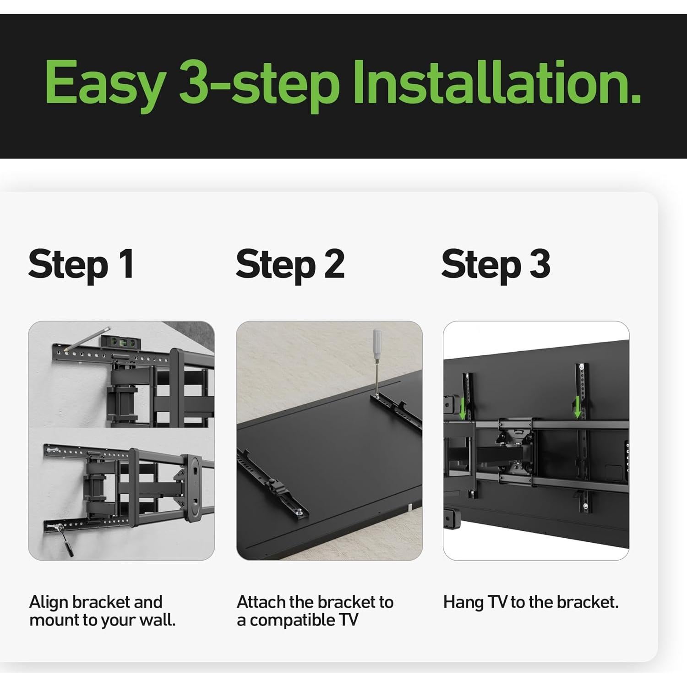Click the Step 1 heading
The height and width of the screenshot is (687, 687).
pyautogui.click(x=81, y=264)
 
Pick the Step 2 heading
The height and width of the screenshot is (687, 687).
pyautogui.click(x=290, y=264)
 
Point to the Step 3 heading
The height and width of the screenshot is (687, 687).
pyautogui.click(x=496, y=264)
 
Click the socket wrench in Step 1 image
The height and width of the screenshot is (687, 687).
pyautogui.click(x=64, y=539)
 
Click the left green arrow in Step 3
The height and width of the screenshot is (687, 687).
pyautogui.click(x=463, y=408)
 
